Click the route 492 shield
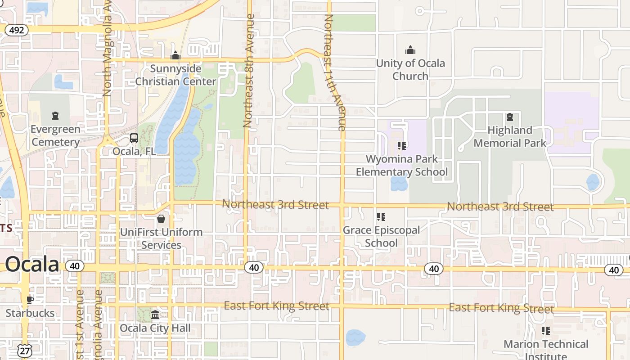17,30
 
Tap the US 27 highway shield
24,351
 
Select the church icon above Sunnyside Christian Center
175,55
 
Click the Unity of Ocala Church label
410,69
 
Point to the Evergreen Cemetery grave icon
55,116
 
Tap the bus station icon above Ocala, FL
134,138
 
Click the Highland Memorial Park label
509,136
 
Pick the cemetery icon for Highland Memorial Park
509,117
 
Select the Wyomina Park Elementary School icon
402,145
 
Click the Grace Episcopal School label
381,236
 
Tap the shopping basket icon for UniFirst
161,219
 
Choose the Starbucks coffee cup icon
30,299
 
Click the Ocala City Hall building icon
155,314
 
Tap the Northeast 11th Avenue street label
335,72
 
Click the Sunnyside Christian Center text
175,75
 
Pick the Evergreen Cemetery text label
55,135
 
